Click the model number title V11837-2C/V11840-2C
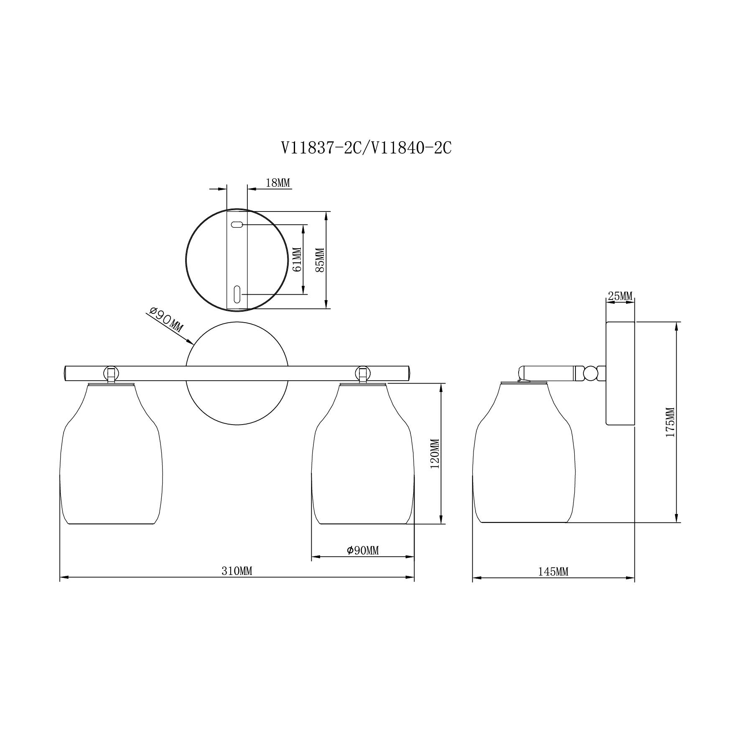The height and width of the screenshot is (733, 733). pyautogui.click(x=366, y=148)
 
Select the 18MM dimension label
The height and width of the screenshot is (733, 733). pyautogui.click(x=278, y=183)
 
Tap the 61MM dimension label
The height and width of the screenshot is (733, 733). pyautogui.click(x=297, y=260)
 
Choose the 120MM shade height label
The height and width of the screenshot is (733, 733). pyautogui.click(x=435, y=453)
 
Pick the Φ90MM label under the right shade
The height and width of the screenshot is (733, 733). pyautogui.click(x=363, y=550)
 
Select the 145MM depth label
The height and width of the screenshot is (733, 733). pyautogui.click(x=553, y=571)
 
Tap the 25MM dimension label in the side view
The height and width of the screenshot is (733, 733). pyautogui.click(x=620, y=296)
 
